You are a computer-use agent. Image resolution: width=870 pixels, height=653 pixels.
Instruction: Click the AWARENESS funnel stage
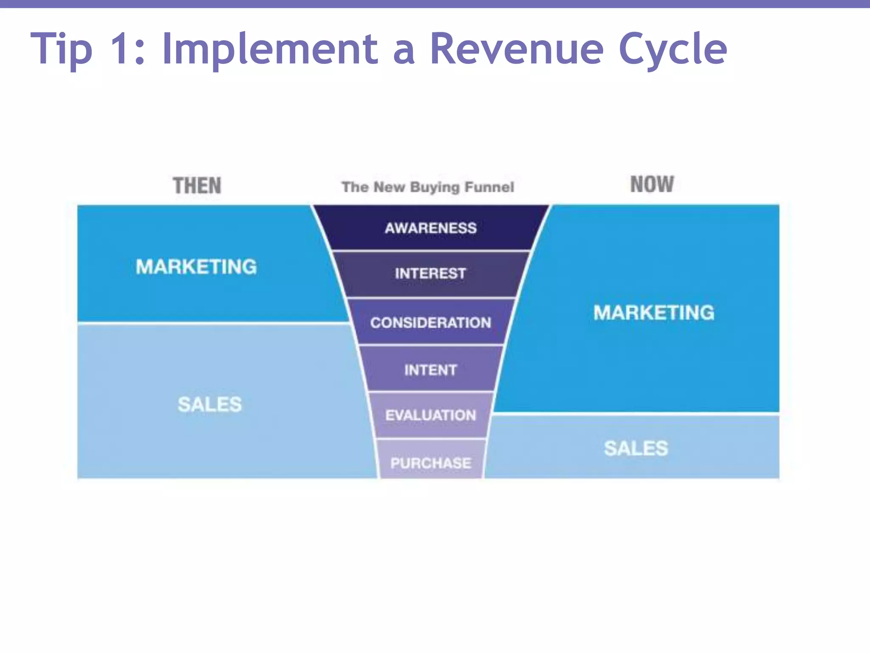(x=430, y=228)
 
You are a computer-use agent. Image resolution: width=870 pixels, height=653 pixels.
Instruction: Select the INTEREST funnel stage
(x=430, y=273)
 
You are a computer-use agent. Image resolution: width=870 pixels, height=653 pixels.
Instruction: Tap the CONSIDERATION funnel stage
(x=430, y=323)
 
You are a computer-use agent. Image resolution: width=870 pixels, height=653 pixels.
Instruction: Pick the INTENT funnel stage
(x=430, y=370)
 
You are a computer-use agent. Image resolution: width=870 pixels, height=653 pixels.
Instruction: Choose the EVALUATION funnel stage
(x=430, y=415)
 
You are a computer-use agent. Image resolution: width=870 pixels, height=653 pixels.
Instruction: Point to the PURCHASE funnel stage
(x=430, y=463)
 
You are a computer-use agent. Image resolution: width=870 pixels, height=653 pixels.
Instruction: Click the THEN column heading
(x=197, y=186)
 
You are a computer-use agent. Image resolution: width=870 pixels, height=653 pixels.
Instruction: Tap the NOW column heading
(x=652, y=185)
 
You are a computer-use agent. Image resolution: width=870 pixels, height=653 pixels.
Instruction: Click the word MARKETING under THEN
(x=196, y=267)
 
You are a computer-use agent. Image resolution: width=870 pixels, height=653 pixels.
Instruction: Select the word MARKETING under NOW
(x=654, y=312)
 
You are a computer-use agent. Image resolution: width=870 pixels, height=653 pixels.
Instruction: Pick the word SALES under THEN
(x=209, y=404)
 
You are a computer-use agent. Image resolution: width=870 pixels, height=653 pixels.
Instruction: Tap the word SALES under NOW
(x=636, y=449)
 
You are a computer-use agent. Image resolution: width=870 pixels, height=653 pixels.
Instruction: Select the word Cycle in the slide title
(x=672, y=50)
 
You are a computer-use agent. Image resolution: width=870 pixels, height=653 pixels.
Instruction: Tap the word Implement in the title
(x=270, y=50)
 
